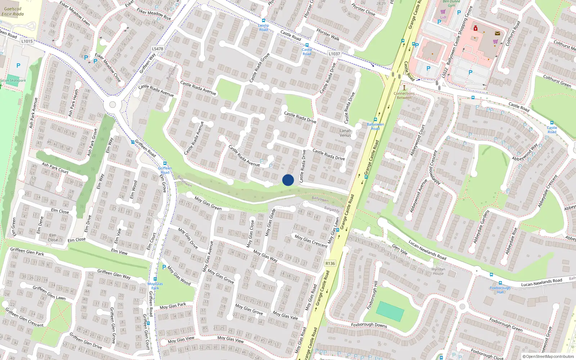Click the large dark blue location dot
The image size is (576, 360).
[288, 180]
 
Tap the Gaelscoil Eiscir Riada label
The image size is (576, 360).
[13, 12]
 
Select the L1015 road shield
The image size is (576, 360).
[27, 41]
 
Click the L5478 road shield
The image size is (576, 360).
[157, 49]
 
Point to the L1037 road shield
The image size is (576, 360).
[334, 54]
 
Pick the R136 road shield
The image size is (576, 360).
[330, 263]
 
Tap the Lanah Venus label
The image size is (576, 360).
[345, 133]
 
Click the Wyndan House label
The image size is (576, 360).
[438, 271]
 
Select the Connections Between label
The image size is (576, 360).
[404, 95]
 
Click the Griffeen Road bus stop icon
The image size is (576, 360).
[165, 164]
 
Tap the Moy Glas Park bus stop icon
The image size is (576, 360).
[155, 279]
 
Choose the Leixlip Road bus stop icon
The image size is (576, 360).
[264, 21]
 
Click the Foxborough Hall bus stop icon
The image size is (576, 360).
[500, 283]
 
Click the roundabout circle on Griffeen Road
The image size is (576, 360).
[112, 105]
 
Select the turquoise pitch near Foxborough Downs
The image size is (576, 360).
[390, 311]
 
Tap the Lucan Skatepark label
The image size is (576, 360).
[13, 80]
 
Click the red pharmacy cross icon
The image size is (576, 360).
[475, 28]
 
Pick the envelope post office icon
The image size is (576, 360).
[497, 33]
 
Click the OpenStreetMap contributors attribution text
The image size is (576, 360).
[548, 356]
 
